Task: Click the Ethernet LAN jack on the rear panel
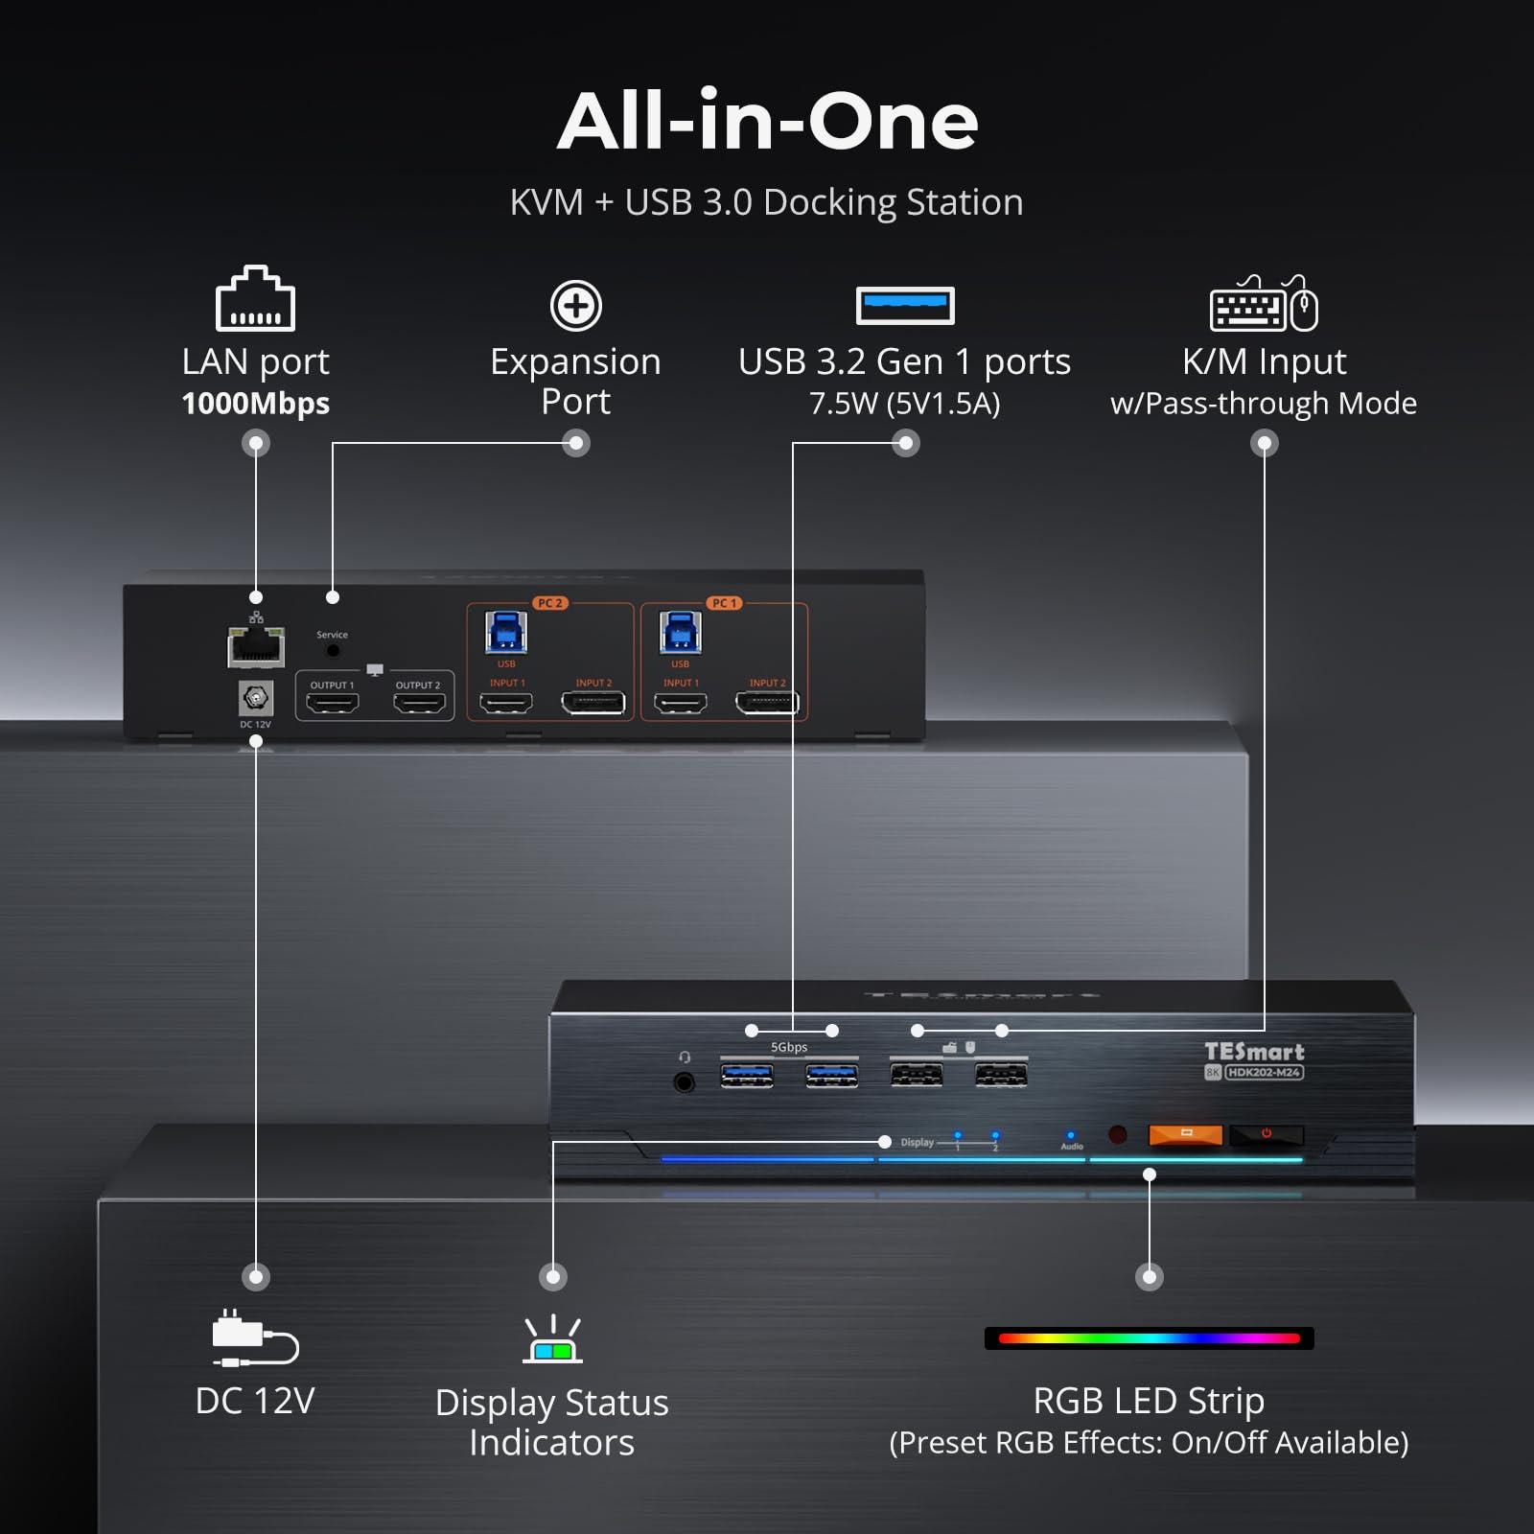pos(256,646)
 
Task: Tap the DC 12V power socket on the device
pos(256,698)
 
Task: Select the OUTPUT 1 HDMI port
pos(332,703)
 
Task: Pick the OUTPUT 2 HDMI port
pos(419,703)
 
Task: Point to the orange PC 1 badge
pos(724,603)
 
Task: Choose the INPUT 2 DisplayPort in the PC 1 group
pos(767,703)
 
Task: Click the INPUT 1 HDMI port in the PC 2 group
pos(506,703)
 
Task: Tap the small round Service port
pos(333,650)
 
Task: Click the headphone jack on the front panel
pos(684,1082)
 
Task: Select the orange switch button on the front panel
pos(1185,1135)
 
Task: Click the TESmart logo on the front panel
pos(1254,1052)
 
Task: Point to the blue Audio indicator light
pos(1071,1135)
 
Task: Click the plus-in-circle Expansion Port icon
pos(575,306)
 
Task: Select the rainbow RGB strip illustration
pos(1149,1338)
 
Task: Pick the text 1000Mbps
pos(255,404)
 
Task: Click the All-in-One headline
pos(767,122)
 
